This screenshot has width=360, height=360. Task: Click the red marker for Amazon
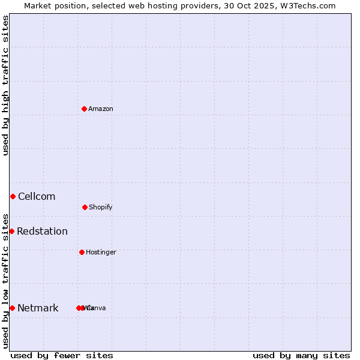(84, 109)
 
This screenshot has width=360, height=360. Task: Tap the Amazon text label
(100, 109)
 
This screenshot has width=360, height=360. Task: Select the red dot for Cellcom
(13, 196)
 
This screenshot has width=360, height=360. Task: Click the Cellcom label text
(37, 196)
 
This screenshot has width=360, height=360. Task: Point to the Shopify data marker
(85, 207)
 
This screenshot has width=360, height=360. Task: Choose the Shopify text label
(100, 207)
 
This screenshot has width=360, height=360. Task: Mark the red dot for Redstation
(11, 231)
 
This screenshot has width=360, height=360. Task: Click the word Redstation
(42, 231)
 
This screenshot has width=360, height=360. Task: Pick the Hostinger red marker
(82, 252)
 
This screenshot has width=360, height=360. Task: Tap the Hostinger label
(101, 252)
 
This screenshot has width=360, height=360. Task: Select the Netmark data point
(12, 308)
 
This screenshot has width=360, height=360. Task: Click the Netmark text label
(38, 308)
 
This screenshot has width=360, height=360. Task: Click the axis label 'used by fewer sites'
(62, 355)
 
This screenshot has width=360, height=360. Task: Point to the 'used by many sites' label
(301, 355)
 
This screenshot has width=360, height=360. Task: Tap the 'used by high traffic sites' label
(5, 85)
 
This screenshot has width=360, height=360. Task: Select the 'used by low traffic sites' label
(5, 281)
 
